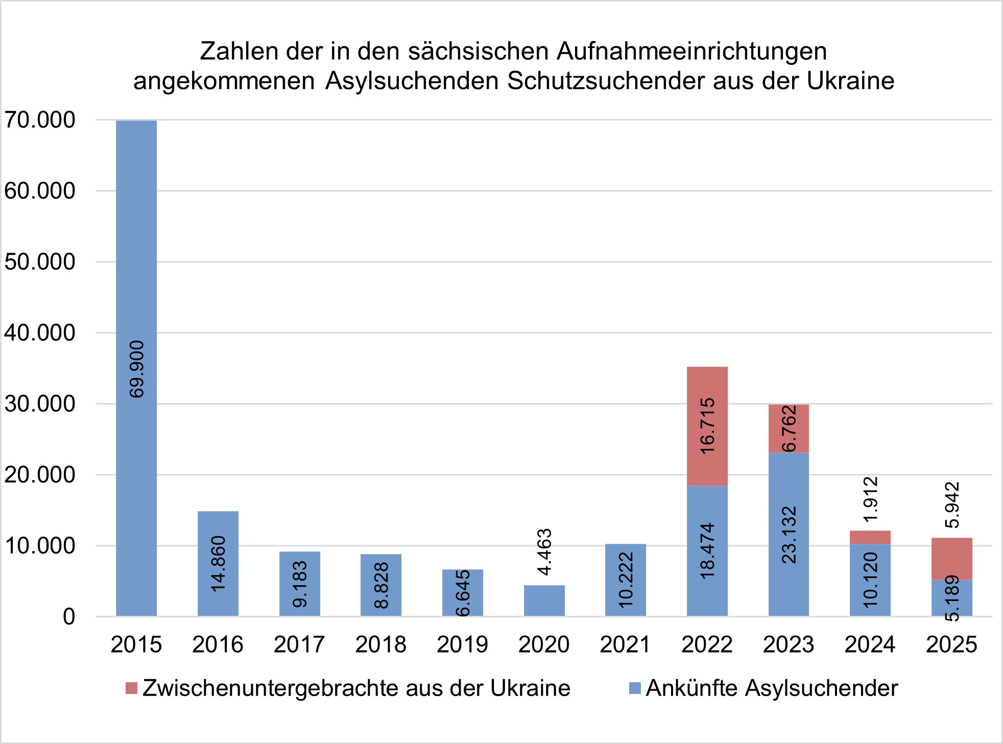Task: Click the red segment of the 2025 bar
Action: pyautogui.click(x=951, y=559)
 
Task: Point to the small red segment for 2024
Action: pyautogui.click(x=870, y=537)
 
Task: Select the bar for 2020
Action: pyautogui.click(x=544, y=601)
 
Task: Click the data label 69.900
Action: pyautogui.click(x=137, y=369)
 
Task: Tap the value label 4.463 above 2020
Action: pyautogui.click(x=545, y=552)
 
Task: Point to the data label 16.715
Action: pyautogui.click(x=707, y=426)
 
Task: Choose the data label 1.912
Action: pyautogui.click(x=870, y=499)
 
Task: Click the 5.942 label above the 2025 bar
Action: pyautogui.click(x=952, y=505)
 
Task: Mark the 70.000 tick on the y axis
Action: pyautogui.click(x=40, y=121)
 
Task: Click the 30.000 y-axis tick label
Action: pyautogui.click(x=40, y=404)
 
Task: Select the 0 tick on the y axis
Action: pyautogui.click(x=69, y=617)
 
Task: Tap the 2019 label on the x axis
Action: pyautogui.click(x=462, y=644)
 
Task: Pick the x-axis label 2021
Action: pyautogui.click(x=625, y=644)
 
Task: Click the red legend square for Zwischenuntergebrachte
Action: pyautogui.click(x=132, y=688)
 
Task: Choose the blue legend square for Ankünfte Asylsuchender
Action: pyautogui.click(x=635, y=688)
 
